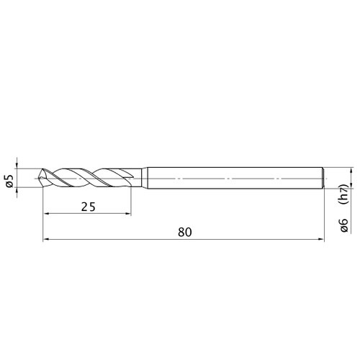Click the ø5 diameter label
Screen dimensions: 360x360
[9, 181]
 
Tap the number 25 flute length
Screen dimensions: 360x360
[89, 207]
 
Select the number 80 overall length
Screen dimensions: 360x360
[185, 233]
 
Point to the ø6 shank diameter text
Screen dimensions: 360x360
[344, 225]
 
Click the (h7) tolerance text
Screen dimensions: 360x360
[344, 194]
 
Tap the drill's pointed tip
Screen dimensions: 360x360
[39, 179]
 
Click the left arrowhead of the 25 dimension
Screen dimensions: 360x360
[46, 214]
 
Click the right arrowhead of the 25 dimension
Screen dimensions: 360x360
[128, 214]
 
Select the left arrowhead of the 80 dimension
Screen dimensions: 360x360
[46, 239]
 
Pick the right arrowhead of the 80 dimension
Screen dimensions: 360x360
[321, 239]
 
